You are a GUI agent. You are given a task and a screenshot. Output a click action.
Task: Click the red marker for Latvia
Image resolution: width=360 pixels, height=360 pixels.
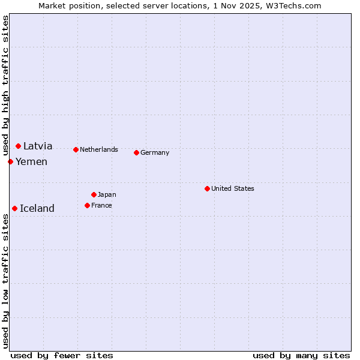(x=19, y=146)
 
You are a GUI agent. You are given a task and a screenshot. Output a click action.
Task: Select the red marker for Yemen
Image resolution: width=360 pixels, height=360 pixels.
(x=11, y=161)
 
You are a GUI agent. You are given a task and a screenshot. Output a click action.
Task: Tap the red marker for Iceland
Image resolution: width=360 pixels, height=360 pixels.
(x=15, y=208)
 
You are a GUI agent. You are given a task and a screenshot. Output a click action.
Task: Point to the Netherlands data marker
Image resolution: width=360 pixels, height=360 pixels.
(x=76, y=149)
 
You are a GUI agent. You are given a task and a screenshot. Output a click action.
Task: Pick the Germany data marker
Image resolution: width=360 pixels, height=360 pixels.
(x=136, y=152)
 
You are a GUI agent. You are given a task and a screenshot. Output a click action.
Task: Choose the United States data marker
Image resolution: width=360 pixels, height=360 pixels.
(x=207, y=188)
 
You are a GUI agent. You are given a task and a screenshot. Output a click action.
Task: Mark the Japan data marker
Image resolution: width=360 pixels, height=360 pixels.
(x=94, y=194)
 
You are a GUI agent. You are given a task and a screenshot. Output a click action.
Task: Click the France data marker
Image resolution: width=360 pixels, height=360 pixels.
(x=87, y=205)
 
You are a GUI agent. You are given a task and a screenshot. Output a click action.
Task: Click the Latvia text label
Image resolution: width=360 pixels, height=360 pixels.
(x=38, y=146)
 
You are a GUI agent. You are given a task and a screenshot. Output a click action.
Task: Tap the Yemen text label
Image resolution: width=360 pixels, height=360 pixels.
(x=31, y=161)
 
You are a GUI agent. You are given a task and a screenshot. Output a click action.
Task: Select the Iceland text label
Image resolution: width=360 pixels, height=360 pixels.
(x=37, y=208)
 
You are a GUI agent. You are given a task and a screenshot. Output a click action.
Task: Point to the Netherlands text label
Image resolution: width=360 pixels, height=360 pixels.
(x=98, y=149)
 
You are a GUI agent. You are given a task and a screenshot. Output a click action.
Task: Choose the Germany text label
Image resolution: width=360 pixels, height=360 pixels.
(x=155, y=152)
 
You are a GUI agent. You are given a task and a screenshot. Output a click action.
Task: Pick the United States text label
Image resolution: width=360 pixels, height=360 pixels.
(x=232, y=188)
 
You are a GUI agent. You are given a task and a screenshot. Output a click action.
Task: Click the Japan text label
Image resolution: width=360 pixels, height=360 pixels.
(x=107, y=194)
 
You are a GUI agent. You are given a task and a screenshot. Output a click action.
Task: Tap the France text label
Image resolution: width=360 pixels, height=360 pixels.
(x=101, y=205)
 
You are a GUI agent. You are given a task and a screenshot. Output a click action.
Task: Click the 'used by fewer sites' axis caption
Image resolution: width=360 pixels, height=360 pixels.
(x=62, y=355)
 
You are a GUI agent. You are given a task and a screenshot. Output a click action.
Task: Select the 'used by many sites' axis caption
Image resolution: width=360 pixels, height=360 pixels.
(x=301, y=355)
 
